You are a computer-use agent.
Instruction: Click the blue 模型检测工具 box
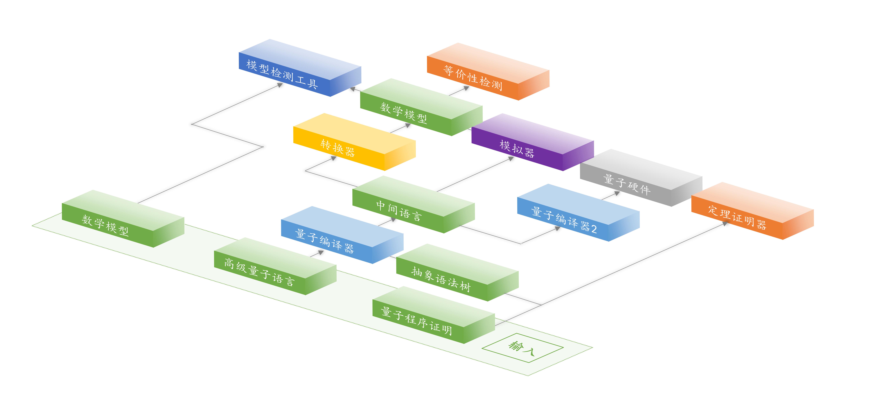click(300, 68)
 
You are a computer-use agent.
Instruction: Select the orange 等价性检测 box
click(488, 72)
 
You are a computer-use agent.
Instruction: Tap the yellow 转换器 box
click(354, 142)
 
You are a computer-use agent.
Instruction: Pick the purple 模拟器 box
click(533, 142)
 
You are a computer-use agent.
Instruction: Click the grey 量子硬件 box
click(641, 178)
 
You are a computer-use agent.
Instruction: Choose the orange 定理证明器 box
click(753, 211)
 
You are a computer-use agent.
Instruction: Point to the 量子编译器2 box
click(578, 213)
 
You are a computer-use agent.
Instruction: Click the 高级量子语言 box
click(275, 266)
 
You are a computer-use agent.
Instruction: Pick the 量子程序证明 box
click(434, 315)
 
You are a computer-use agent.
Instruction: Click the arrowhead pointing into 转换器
click(334, 158)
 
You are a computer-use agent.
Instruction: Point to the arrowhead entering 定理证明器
click(725, 224)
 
